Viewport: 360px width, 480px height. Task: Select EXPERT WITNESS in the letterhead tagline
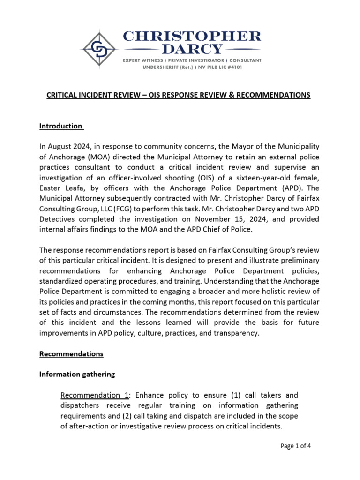143,60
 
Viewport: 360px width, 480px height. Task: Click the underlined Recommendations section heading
71,354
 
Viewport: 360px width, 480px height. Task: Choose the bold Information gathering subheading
77,375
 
